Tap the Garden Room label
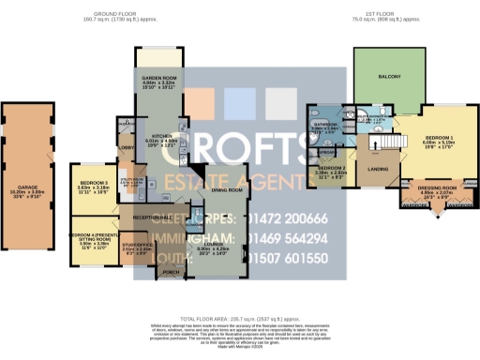(157, 81)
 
